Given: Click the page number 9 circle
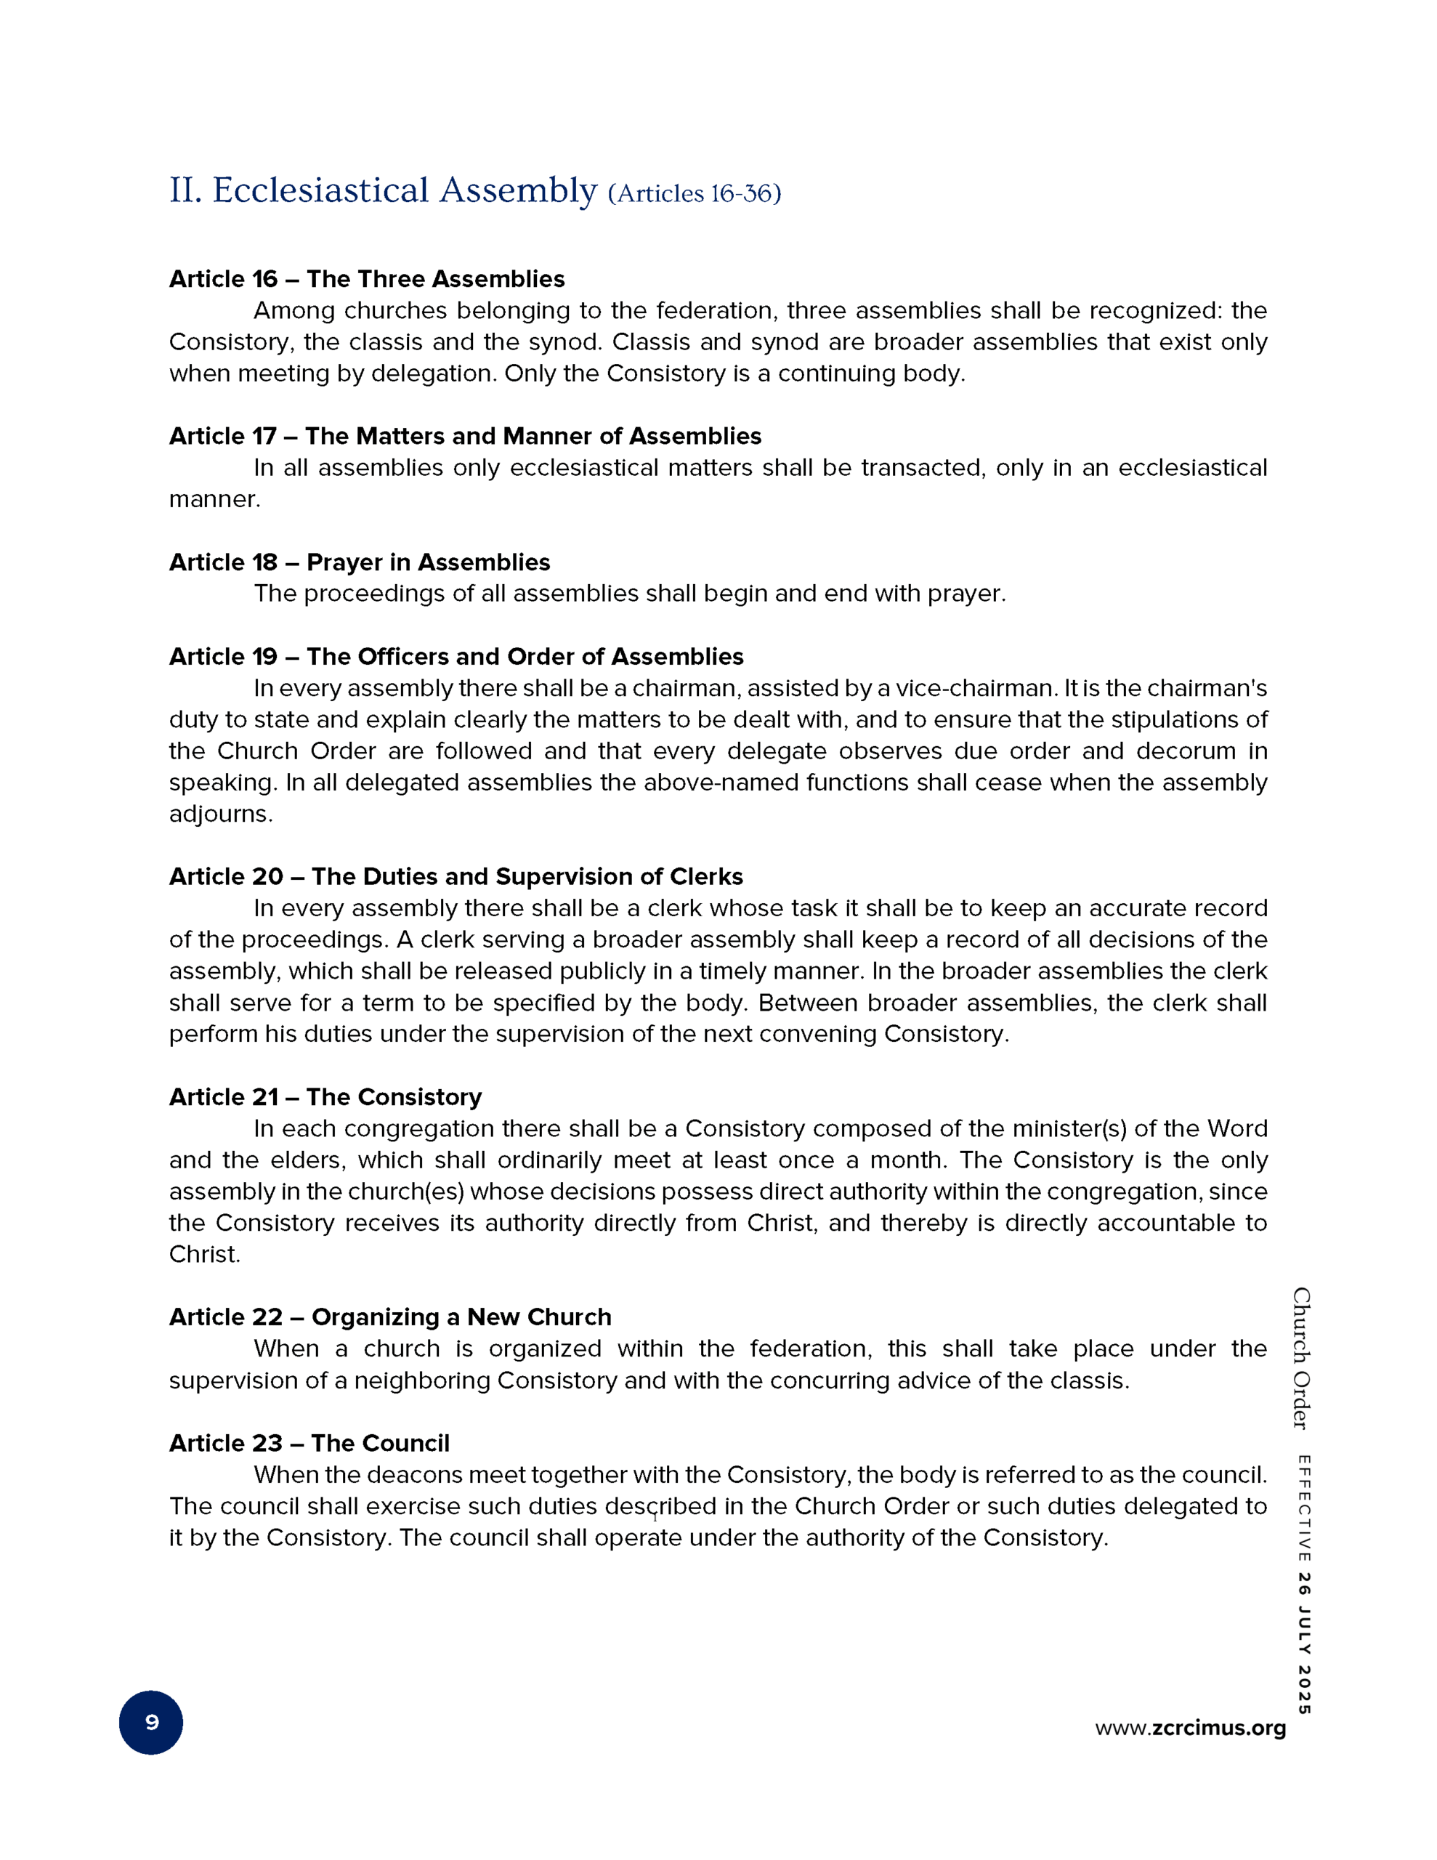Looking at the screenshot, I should tap(151, 1722).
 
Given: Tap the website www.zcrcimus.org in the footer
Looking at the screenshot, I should tap(1190, 1728).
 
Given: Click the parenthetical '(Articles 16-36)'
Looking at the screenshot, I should tap(695, 194).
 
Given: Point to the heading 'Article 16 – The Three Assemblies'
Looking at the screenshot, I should tap(366, 278).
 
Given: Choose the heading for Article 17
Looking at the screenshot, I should tap(464, 436).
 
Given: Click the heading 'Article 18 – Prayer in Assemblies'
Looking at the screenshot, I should tap(359, 562).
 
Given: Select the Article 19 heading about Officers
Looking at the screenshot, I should tap(456, 657).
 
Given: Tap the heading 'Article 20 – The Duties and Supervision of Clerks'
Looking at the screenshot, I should tap(456, 876).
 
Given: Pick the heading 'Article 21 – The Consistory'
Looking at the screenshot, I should tap(325, 1097).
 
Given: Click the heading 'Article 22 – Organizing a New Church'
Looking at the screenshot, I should tap(389, 1317).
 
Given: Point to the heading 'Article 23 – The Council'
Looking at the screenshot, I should tap(308, 1443).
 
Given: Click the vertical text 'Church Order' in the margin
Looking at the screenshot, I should tap(1300, 1359).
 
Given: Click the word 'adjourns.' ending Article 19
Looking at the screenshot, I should tap(221, 814).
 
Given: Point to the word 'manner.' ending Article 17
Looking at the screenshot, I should tap(214, 499).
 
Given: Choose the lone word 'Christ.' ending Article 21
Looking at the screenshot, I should tap(204, 1255).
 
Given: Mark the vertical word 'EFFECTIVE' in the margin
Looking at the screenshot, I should tap(1304, 1508).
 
